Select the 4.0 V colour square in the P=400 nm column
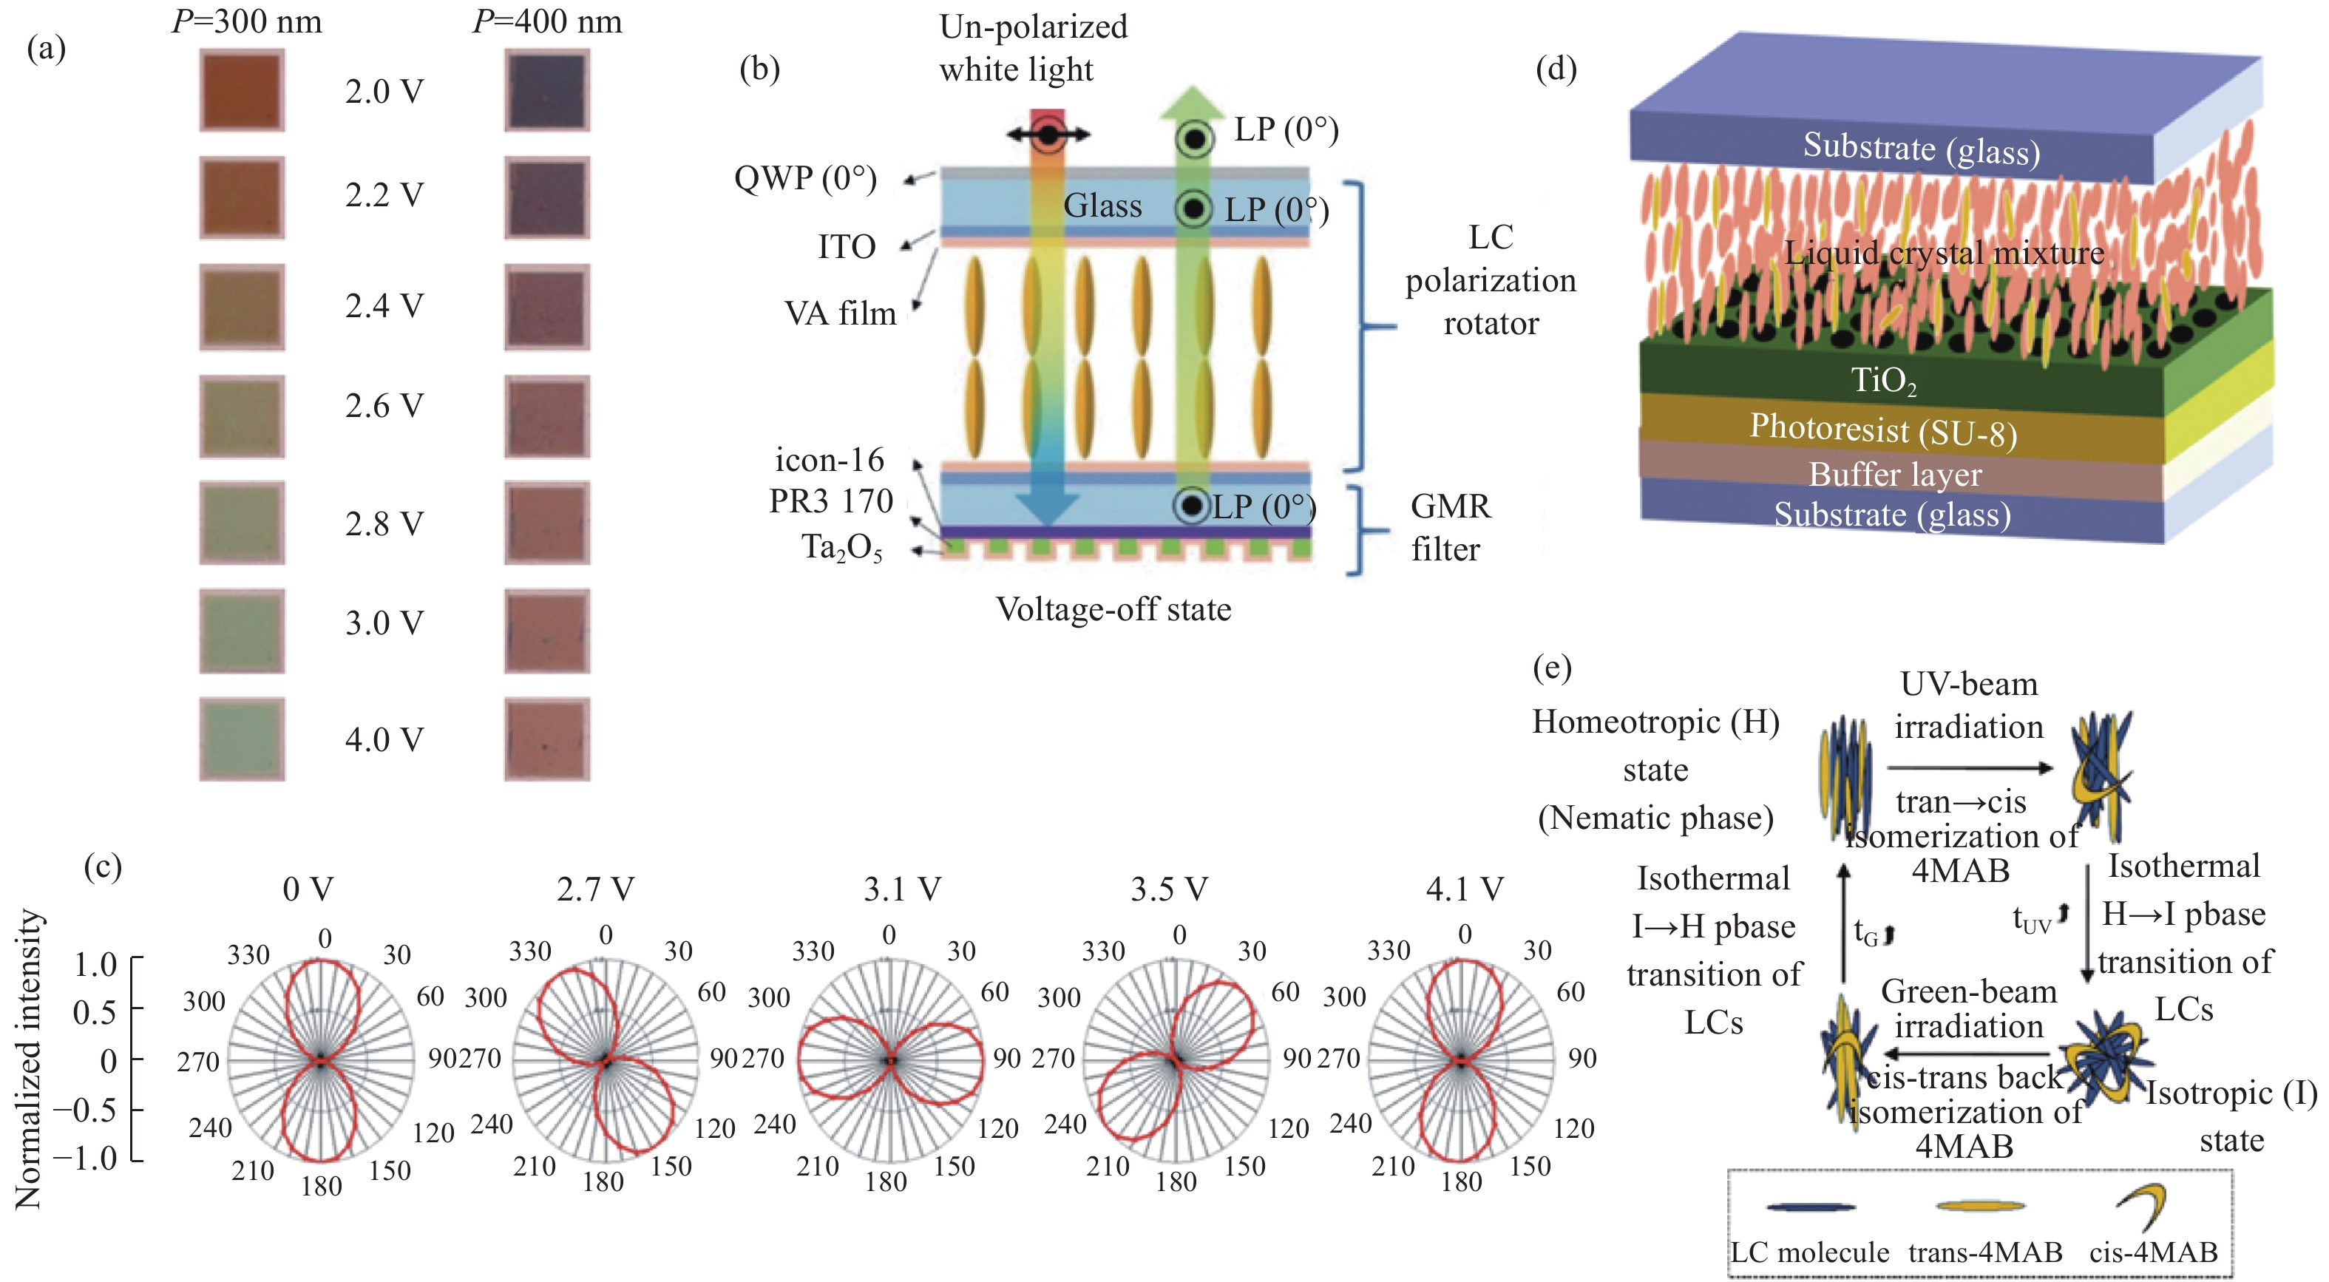pyautogui.click(x=547, y=739)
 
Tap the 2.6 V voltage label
pyautogui.click(x=383, y=406)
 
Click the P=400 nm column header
pyautogui.click(x=547, y=21)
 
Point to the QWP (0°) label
pyautogui.click(x=804, y=178)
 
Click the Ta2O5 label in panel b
pyautogui.click(x=841, y=548)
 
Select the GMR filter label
pyautogui.click(x=1449, y=527)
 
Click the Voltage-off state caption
pyautogui.click(x=1113, y=609)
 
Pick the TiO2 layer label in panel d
pyautogui.click(x=1882, y=381)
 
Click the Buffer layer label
pyautogui.click(x=1894, y=475)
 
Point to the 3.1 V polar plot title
pyautogui.click(x=901, y=889)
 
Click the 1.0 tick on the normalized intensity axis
pyautogui.click(x=95, y=965)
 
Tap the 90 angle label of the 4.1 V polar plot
pyautogui.click(x=1582, y=1058)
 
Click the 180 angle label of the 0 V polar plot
pyautogui.click(x=321, y=1185)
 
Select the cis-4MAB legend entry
pyautogui.click(x=2153, y=1252)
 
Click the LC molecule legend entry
pyautogui.click(x=1809, y=1252)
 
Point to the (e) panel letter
pyautogui.click(x=1553, y=668)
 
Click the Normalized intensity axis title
pyautogui.click(x=29, y=1059)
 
